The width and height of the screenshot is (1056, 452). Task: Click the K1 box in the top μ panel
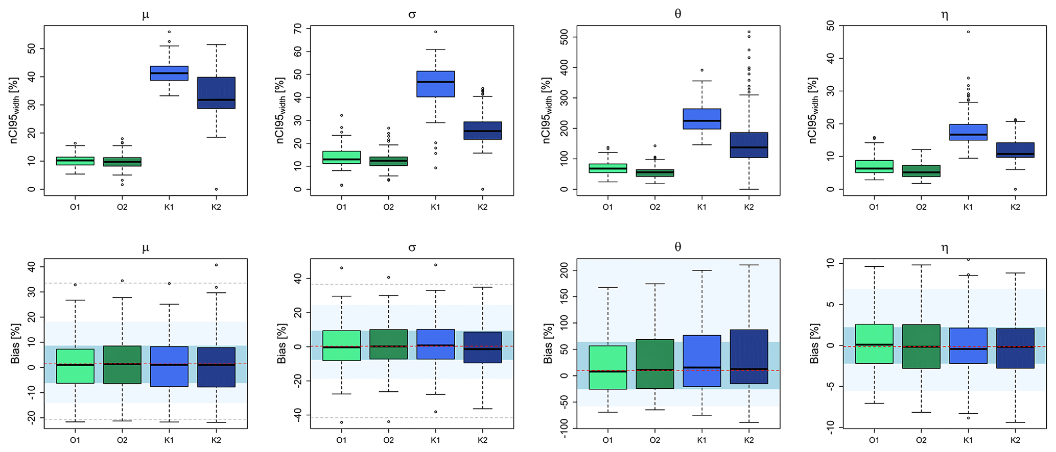click(169, 73)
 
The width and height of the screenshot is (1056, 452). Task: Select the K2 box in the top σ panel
click(482, 131)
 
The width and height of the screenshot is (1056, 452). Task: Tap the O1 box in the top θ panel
click(607, 168)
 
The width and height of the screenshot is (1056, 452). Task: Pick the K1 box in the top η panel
click(968, 132)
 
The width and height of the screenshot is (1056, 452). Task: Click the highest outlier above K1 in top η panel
click(968, 32)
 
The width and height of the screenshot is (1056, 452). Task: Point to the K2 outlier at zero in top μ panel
click(216, 189)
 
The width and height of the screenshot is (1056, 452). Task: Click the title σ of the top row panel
click(412, 14)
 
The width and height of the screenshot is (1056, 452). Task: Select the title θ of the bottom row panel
click(678, 247)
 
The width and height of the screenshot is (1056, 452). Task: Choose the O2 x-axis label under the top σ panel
click(388, 207)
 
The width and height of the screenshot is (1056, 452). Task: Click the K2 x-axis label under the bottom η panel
click(1015, 440)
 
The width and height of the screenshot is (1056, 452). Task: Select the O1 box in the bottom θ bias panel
click(607, 367)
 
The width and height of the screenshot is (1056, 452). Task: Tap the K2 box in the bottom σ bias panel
click(482, 347)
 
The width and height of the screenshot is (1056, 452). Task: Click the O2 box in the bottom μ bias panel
click(122, 365)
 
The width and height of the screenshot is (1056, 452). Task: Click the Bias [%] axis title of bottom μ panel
click(15, 343)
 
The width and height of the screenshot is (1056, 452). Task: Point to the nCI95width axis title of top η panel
click(813, 110)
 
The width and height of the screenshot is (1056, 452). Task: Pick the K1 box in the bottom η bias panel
click(968, 345)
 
